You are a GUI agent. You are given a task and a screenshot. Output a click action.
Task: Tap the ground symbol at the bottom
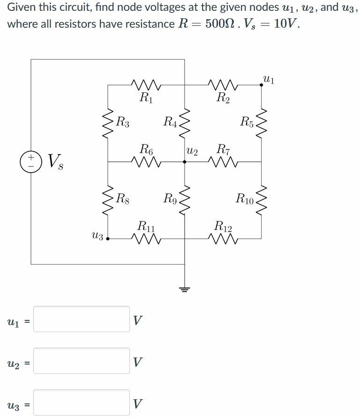click(185, 288)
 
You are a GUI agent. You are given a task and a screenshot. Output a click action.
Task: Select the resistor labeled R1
click(147, 85)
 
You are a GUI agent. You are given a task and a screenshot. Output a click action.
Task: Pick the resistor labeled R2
click(223, 85)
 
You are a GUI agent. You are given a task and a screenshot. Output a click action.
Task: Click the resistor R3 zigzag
click(108, 123)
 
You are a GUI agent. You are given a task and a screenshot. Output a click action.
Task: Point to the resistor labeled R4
click(185, 123)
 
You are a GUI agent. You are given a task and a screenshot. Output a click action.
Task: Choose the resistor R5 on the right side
click(262, 123)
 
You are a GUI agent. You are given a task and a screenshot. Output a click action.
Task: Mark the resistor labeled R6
click(147, 161)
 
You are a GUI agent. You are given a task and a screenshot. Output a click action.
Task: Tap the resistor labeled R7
click(223, 161)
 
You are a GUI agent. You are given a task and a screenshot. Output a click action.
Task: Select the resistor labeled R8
click(108, 199)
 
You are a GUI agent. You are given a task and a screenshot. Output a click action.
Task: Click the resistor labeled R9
click(185, 199)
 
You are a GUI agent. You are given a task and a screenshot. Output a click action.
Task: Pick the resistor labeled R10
click(262, 199)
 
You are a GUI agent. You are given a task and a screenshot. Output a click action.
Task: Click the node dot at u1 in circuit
click(262, 85)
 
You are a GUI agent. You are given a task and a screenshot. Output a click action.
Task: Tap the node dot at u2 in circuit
click(185, 161)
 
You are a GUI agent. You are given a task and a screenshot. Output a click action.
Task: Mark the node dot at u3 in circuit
click(108, 238)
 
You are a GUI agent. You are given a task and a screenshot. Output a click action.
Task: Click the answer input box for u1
click(82, 319)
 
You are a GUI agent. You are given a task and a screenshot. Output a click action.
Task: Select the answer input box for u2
click(82, 361)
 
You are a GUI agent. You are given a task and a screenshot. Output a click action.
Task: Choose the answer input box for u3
click(82, 403)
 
